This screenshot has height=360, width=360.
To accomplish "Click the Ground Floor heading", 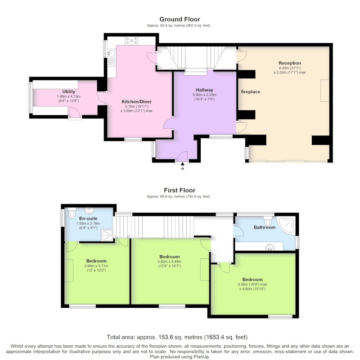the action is [180, 19].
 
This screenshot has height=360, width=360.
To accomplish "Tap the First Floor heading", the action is [180, 190].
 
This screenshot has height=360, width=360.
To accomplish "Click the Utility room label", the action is [69, 92].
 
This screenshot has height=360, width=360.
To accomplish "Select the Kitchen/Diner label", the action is [137, 102].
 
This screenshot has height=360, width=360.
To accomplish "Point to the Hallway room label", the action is [204, 90].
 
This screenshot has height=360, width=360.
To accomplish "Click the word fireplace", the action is [251, 92].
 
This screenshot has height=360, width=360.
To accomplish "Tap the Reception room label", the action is [290, 63].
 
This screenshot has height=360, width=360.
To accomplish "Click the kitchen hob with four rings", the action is [131, 40].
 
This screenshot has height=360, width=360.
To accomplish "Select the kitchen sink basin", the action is [111, 53].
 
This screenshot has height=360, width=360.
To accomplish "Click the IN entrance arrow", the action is [182, 164].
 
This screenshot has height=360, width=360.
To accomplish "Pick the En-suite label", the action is [88, 218].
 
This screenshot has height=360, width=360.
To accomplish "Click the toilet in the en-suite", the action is [72, 213].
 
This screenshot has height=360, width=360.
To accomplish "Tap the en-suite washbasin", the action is [89, 210].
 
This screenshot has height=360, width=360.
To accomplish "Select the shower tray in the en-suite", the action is [107, 235].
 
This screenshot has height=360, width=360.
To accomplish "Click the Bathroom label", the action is [265, 227].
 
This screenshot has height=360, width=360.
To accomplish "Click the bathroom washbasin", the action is [270, 247].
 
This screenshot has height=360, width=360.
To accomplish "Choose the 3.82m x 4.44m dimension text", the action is [170, 261].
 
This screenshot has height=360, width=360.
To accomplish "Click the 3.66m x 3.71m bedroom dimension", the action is [96, 266].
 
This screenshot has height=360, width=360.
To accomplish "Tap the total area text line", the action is [177, 337].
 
